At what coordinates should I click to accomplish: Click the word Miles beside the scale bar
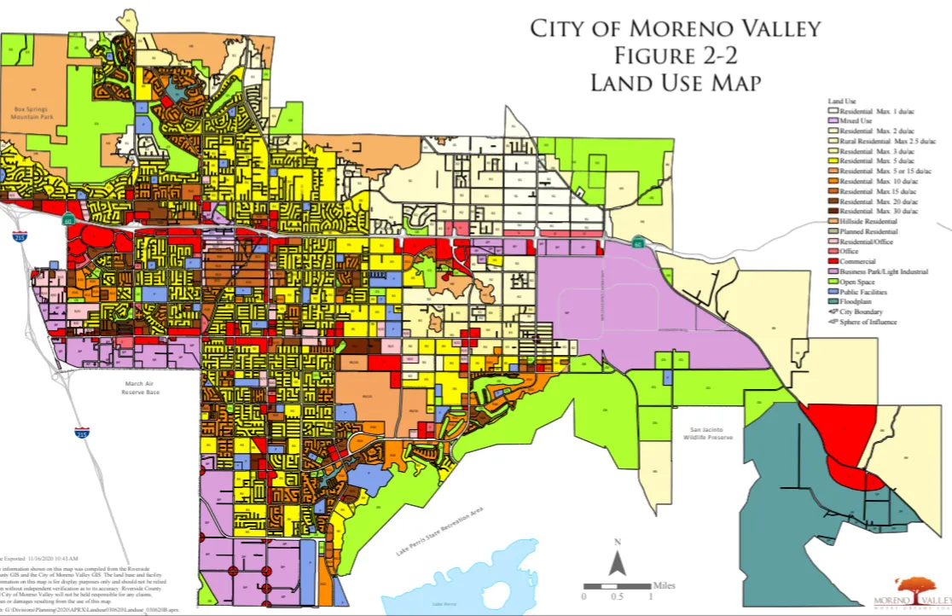pos(663,585)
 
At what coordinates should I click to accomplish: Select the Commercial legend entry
pos(856,262)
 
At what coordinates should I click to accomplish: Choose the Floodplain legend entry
pos(856,302)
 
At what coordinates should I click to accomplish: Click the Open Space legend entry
pos(856,282)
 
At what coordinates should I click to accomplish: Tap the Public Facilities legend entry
pos(862,293)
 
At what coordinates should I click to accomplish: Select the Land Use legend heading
pos(842,101)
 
